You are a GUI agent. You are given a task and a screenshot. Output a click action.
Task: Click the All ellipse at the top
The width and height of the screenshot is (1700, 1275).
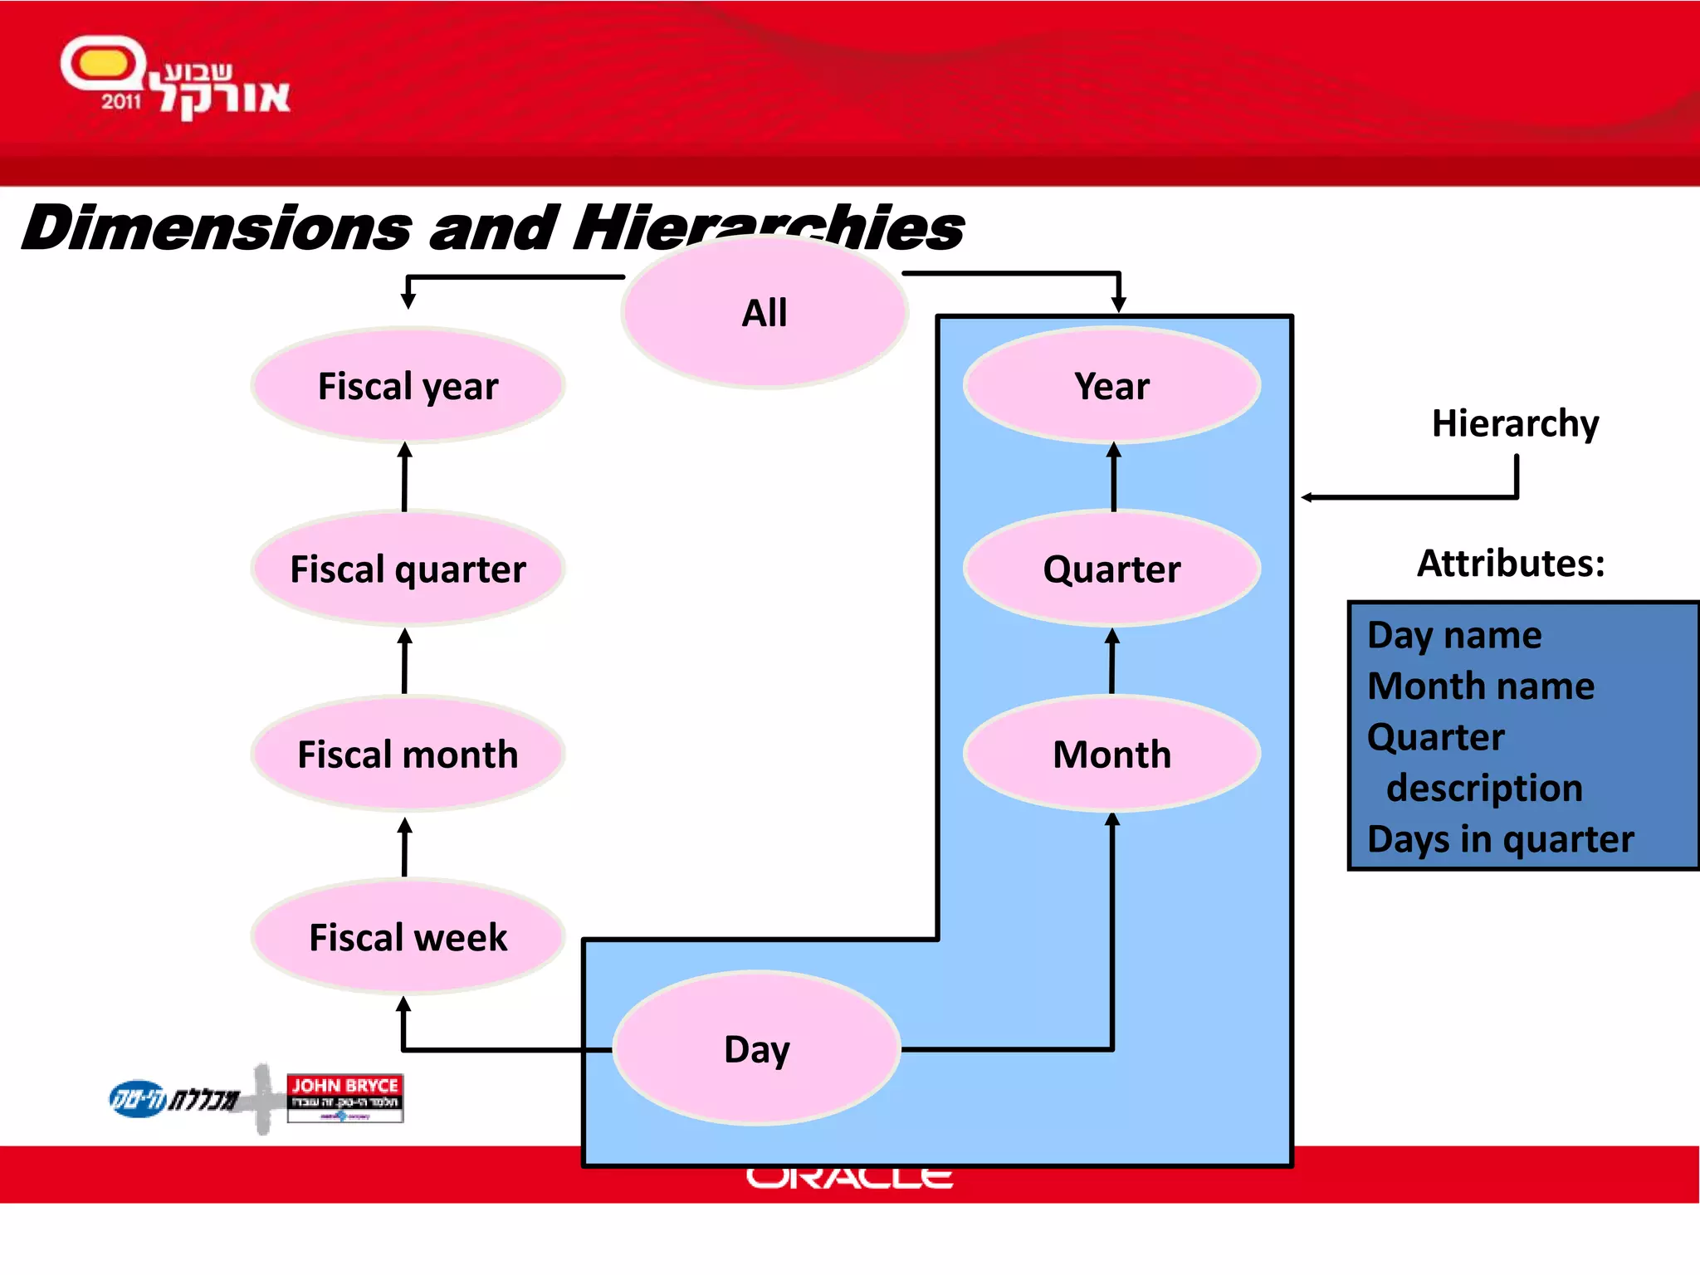coord(764,313)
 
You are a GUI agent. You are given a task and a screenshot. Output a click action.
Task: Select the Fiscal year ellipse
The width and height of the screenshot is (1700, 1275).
coord(408,386)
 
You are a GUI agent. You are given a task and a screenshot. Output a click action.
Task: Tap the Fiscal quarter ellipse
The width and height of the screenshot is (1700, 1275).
coord(408,569)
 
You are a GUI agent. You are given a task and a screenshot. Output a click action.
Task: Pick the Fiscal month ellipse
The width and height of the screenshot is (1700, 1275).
coord(408,755)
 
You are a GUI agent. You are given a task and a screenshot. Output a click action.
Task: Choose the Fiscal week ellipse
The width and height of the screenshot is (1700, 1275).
coord(408,937)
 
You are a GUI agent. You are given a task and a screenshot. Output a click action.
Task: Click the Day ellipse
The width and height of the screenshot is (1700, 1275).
coord(756,1049)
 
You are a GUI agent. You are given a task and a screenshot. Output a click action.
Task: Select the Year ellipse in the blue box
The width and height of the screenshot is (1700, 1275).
coord(1111,386)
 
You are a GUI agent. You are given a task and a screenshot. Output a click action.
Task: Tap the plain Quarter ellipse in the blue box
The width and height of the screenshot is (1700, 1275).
coord(1111,569)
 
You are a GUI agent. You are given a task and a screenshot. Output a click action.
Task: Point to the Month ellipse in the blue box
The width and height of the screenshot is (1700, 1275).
coord(1111,755)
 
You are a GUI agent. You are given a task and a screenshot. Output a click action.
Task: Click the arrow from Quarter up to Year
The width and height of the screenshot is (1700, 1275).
coord(1113,477)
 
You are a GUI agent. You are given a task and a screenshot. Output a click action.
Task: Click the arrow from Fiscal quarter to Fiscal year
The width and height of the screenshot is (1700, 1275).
coord(404,477)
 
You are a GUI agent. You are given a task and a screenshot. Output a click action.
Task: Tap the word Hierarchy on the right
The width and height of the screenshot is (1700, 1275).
coord(1515,423)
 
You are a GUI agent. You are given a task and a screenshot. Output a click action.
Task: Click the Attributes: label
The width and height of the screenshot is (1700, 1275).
coord(1510,564)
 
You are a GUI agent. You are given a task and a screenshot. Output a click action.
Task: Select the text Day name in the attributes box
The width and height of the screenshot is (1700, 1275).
coord(1454,636)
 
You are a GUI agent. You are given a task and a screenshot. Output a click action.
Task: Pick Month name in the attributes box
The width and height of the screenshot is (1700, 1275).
coord(1481,686)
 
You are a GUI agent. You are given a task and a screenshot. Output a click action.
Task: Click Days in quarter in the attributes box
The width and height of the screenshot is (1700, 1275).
coord(1500,839)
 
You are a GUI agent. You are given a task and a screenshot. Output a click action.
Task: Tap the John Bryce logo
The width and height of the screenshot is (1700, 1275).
coord(344,1097)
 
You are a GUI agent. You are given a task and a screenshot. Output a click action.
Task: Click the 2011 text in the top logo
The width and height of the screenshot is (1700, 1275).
coord(121,101)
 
